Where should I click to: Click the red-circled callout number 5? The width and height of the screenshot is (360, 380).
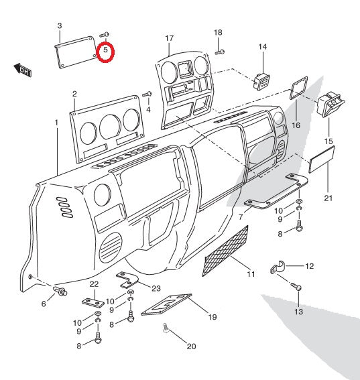(105, 51)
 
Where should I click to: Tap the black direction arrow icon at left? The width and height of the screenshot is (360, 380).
(22, 69)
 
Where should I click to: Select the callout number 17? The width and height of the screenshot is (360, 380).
(169, 38)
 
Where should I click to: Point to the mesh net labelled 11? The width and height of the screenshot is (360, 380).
(225, 252)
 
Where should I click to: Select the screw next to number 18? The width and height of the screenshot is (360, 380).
(221, 51)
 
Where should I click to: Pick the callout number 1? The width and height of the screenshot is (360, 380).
(57, 123)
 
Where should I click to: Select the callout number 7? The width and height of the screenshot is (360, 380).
(240, 217)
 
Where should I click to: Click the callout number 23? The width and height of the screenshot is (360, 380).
(156, 289)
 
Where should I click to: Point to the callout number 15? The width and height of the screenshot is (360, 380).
(328, 141)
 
